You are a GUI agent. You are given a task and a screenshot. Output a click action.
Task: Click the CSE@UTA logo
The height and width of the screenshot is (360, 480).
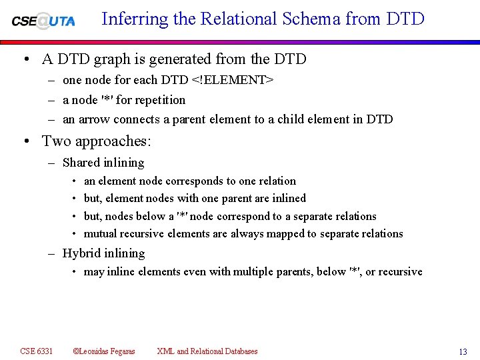[43, 20]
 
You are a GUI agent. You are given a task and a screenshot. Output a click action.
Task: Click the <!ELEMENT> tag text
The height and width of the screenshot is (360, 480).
[232, 80]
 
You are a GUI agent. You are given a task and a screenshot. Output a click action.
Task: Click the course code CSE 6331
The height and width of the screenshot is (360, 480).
[37, 351]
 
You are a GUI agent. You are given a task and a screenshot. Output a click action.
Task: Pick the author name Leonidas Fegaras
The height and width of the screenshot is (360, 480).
[107, 351]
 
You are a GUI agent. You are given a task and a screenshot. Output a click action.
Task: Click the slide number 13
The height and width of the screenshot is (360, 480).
[463, 352]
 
